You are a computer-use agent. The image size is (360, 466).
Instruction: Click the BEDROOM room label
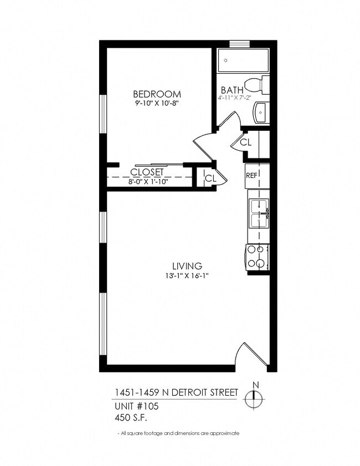(157, 94)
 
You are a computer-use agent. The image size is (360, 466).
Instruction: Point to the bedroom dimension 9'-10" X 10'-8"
(157, 103)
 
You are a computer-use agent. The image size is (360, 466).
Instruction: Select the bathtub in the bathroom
(243, 60)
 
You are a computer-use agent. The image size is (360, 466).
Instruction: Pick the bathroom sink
(260, 113)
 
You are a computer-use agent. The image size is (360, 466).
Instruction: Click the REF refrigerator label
(251, 175)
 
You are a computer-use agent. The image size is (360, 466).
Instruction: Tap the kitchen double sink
(258, 213)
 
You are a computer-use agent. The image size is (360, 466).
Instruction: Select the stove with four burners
(257, 257)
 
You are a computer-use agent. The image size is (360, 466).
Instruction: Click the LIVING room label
(186, 265)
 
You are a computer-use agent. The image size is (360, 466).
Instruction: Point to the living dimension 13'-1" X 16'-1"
(186, 275)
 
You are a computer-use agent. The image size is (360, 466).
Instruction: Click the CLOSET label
(147, 172)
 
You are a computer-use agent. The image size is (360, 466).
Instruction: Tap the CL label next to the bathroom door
(246, 142)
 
